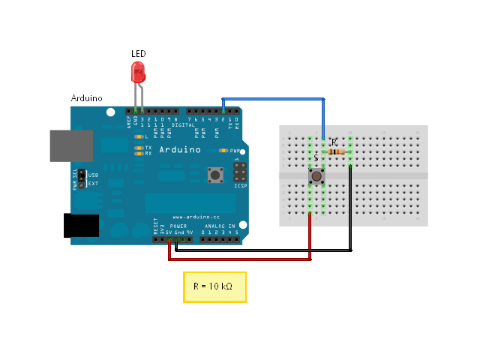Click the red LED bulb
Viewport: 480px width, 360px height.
[x=138, y=73]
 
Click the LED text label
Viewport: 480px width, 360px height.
[x=139, y=54]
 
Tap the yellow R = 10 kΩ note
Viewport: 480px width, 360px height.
[x=214, y=287]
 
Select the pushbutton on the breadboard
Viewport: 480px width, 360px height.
[x=316, y=177]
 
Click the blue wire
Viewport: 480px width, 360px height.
[x=274, y=98]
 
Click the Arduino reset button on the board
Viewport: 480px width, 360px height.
[x=216, y=176]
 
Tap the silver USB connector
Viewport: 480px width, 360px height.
[x=71, y=145]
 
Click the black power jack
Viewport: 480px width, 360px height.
[x=82, y=226]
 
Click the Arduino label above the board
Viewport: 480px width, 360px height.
[x=86, y=98]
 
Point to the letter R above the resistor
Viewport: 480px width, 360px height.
[x=334, y=142]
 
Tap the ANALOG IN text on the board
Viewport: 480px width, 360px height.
[x=220, y=225]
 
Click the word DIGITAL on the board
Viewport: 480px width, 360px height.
[x=184, y=124]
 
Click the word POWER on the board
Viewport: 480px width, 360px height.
[x=178, y=225]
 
